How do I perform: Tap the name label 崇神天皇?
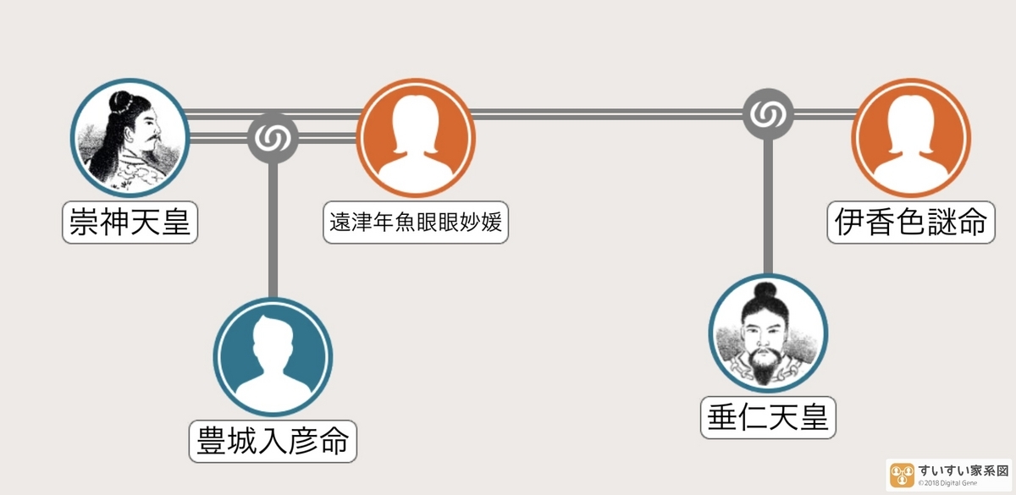coord(130,223)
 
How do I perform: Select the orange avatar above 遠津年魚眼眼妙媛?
coord(416,138)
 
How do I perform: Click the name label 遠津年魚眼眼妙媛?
coord(416,223)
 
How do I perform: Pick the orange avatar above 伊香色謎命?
coord(911,138)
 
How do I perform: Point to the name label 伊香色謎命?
coord(910,223)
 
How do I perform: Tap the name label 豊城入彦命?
coord(272,441)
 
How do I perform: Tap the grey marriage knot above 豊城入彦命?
coord(273,136)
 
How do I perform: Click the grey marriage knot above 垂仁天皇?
coord(768,113)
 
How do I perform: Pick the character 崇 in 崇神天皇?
coord(84,223)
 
